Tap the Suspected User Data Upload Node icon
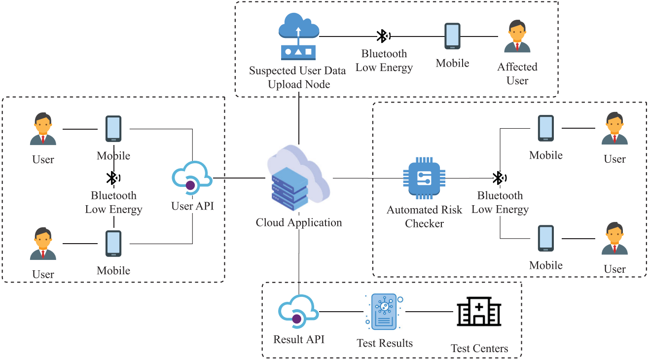tap(299, 36)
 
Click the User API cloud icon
tap(192, 179)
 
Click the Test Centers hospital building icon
tap(478, 312)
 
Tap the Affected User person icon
tap(517, 36)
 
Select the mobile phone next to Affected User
tap(452, 36)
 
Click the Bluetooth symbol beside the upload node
tap(382, 36)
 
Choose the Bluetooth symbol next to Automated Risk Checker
tap(499, 178)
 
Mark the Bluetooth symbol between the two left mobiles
tap(113, 178)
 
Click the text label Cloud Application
tap(298, 223)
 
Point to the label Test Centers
tap(479, 349)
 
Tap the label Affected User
tap(517, 73)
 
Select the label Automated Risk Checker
tap(424, 216)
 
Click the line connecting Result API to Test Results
tap(341, 312)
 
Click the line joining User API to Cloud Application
tap(240, 178)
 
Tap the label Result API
tap(299, 339)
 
